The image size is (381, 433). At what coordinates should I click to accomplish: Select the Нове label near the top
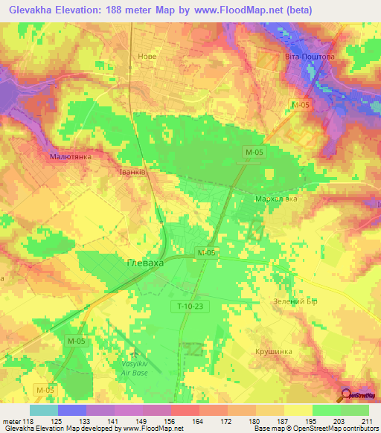coord(147,55)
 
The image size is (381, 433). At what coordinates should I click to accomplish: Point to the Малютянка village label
coord(70,158)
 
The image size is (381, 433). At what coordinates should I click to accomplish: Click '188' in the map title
coord(121,10)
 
